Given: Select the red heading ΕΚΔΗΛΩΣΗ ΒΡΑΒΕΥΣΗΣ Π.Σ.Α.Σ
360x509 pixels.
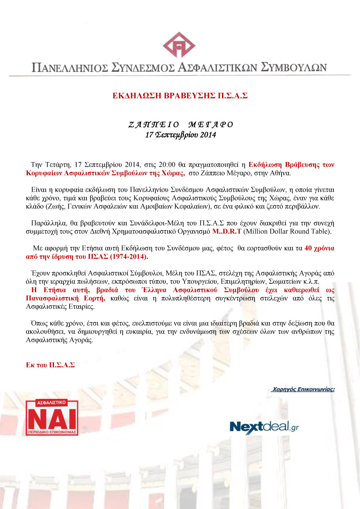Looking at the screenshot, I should click(180, 95).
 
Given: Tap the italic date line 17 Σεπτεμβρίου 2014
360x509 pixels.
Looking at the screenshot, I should click(180, 135).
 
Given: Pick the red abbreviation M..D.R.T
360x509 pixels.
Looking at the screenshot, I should click(226, 231).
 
